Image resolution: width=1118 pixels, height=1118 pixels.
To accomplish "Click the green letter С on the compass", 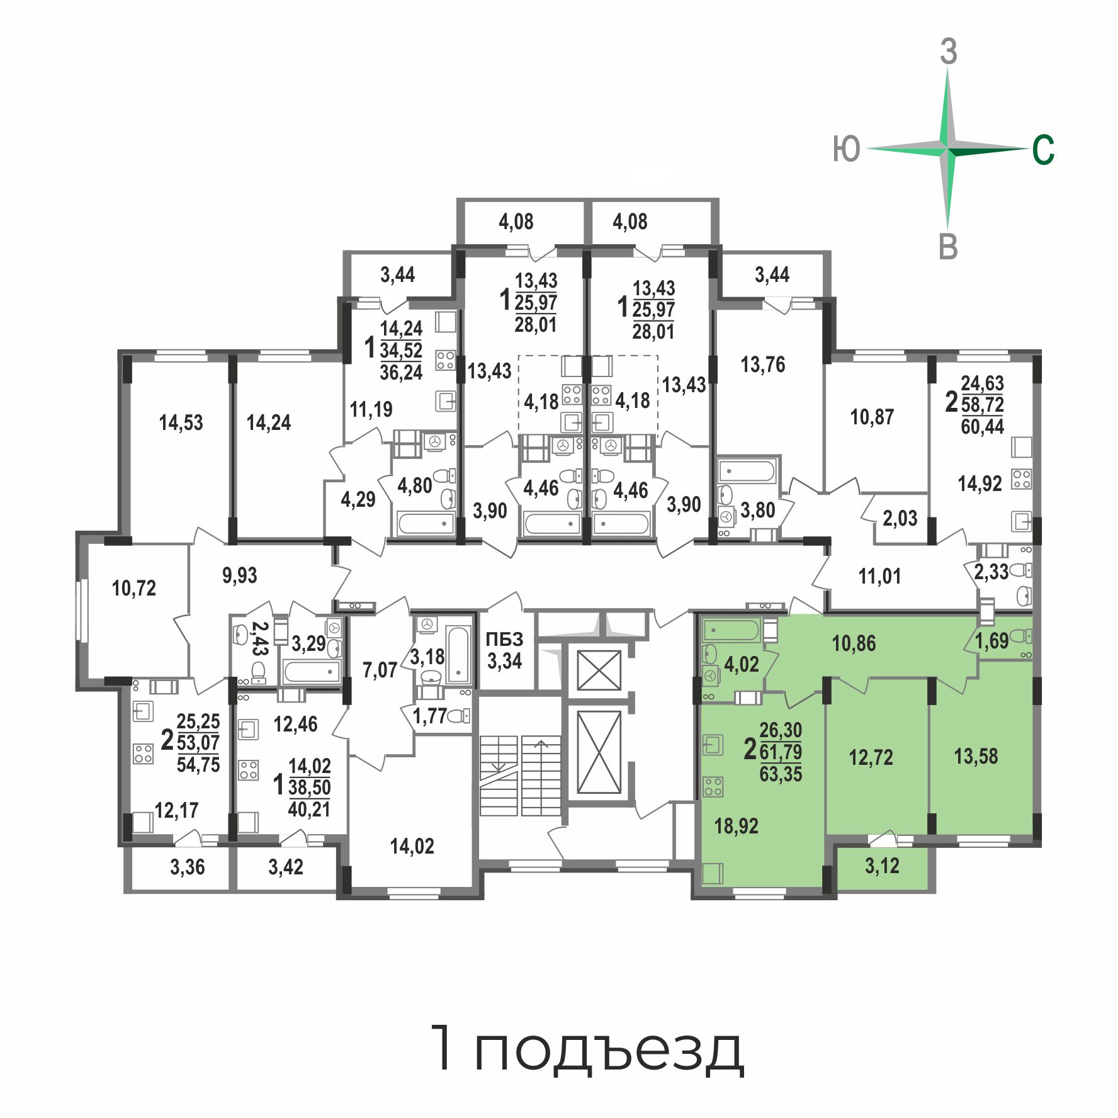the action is [1043, 150].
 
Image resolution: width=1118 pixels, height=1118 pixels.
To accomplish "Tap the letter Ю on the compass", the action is [846, 150].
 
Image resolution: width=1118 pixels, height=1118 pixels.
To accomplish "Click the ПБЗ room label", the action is [504, 640].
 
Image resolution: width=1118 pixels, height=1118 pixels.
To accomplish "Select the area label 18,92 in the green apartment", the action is [736, 826].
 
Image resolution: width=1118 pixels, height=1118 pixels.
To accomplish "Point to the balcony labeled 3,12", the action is [882, 866].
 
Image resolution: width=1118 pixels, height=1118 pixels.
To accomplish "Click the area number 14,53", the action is [181, 422].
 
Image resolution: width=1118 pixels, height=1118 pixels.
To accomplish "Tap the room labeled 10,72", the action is [133, 588].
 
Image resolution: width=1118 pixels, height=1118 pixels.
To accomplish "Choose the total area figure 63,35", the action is [781, 774].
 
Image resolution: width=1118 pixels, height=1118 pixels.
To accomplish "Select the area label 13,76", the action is [763, 364].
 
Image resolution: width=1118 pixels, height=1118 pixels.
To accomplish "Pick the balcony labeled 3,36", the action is [188, 867].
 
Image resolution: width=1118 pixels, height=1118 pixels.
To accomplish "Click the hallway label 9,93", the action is [239, 575].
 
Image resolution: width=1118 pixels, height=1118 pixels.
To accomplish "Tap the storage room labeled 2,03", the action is [900, 519].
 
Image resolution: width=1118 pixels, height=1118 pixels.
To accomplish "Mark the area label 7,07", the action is [380, 670].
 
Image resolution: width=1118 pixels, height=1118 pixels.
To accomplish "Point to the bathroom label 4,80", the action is [415, 486].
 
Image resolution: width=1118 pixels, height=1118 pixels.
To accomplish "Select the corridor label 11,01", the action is [879, 576].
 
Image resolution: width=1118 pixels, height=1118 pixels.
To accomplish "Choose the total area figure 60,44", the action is [982, 426].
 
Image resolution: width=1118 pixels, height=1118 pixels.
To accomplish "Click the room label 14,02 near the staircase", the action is [412, 846].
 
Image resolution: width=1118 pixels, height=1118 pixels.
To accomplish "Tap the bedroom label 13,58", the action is [976, 756].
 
